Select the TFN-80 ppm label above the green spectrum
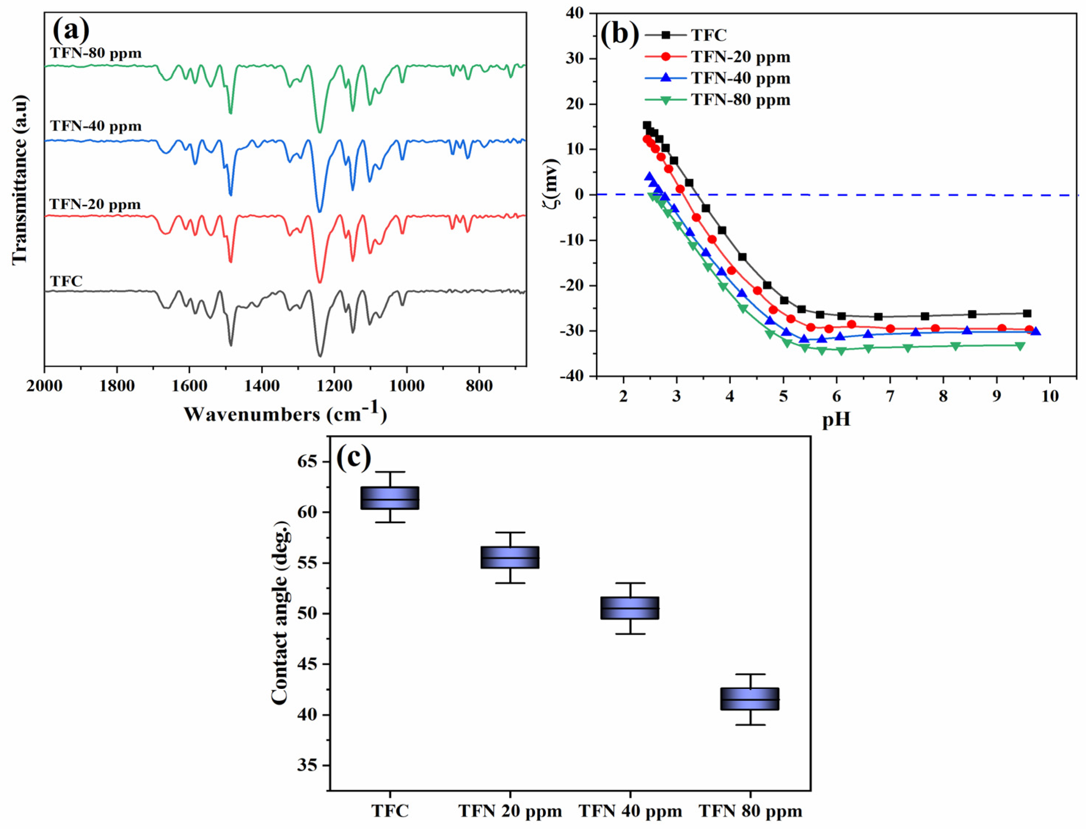[x=96, y=53]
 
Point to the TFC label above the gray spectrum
[x=66, y=281]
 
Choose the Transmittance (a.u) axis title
[x=20, y=180]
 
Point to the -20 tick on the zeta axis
[x=573, y=286]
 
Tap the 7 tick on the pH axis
[x=890, y=396]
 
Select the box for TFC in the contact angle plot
[x=390, y=498]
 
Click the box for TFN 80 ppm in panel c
[x=750, y=699]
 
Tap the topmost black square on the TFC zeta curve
[x=646, y=125]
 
